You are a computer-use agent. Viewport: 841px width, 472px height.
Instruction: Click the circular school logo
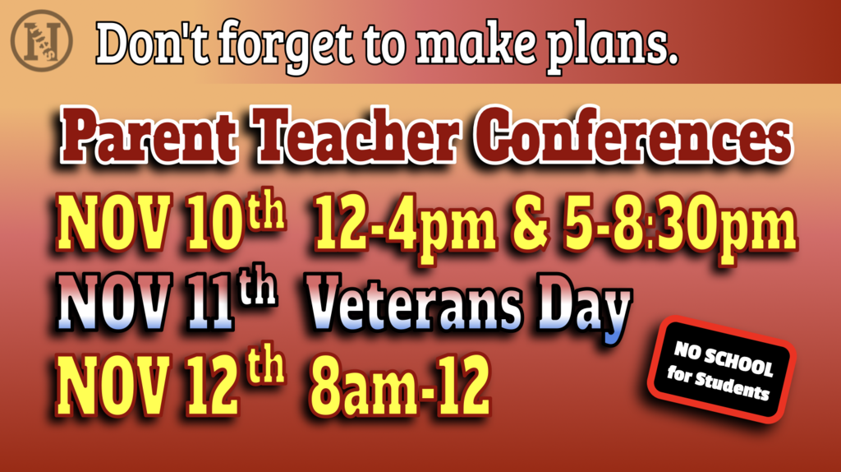(41, 41)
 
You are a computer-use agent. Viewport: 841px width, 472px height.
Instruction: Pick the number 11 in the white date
(210, 302)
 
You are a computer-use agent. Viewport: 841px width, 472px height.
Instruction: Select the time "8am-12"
(400, 385)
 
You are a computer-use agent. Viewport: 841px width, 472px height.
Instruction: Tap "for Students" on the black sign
(718, 384)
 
